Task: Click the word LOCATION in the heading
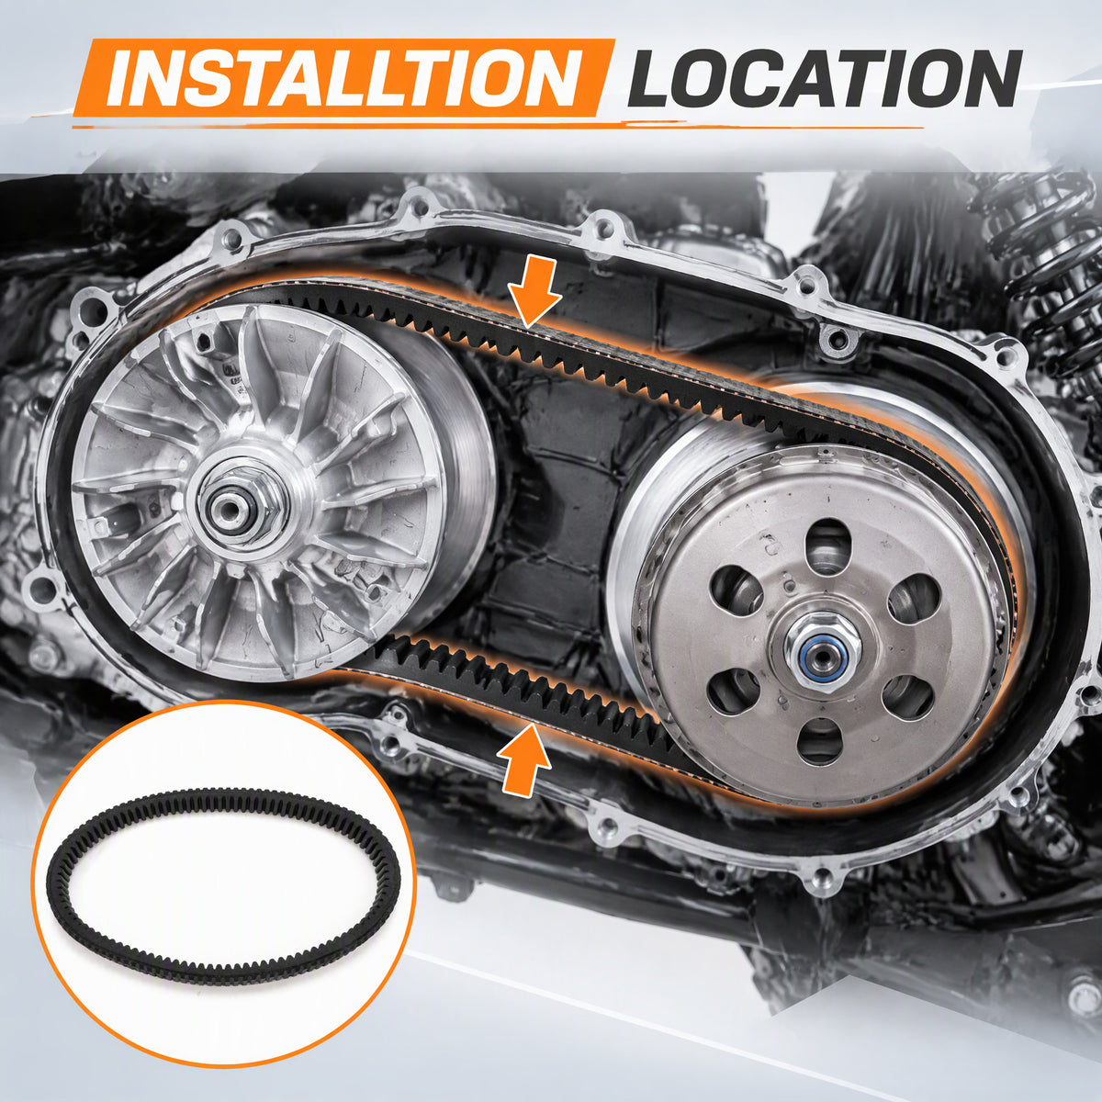click(824, 78)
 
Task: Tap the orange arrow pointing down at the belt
click(533, 291)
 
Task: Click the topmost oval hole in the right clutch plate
click(827, 545)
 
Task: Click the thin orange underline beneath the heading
click(498, 124)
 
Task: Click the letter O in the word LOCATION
click(710, 79)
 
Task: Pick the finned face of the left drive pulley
click(252, 492)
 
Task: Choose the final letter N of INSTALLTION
click(548, 78)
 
